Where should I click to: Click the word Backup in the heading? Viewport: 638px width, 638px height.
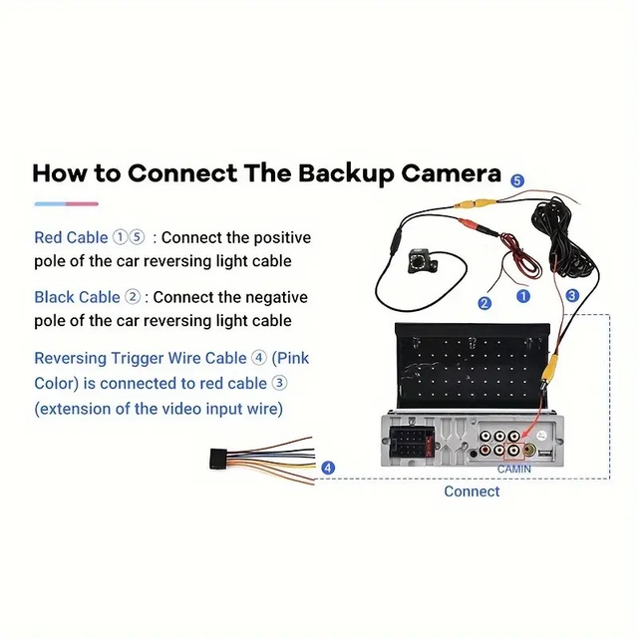[346, 174]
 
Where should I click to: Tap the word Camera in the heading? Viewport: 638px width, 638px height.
[452, 173]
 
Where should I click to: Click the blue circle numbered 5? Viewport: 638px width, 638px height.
[517, 180]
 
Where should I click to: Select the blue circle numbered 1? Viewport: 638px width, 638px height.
[523, 296]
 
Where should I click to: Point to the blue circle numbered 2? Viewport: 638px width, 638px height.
[484, 303]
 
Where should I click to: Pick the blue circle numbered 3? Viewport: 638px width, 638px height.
[572, 295]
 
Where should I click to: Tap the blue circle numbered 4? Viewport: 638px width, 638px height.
[328, 468]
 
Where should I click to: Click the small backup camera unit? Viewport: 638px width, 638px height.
[423, 260]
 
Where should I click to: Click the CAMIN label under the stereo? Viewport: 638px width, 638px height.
[514, 470]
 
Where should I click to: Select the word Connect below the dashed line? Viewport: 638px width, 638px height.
[472, 491]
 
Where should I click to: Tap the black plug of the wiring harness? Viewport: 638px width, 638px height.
[218, 459]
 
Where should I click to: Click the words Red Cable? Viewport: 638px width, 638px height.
[71, 237]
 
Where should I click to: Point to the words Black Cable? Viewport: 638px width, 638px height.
[77, 297]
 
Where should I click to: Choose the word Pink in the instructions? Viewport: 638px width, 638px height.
[290, 359]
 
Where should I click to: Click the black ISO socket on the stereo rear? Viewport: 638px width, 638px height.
[411, 443]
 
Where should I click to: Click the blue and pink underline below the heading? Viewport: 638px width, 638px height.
[67, 203]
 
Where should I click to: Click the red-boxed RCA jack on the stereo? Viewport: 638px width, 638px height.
[514, 450]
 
